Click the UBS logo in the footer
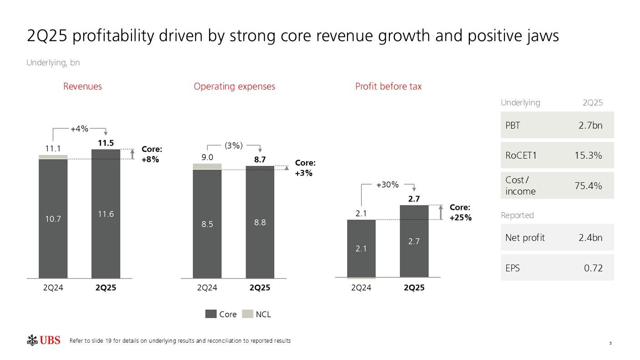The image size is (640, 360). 44,340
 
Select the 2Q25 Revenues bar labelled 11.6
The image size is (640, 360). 106,214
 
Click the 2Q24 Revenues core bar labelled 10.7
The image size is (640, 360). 53,219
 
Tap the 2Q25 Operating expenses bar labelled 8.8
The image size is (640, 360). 260,222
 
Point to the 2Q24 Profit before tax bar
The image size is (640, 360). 361,248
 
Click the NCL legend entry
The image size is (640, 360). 257,314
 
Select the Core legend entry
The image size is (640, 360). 221,314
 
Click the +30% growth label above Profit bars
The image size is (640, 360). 388,185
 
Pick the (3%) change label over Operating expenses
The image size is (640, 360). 234,145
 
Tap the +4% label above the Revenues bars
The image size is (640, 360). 79,129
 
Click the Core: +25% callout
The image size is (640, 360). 460,212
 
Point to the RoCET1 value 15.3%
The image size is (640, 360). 588,155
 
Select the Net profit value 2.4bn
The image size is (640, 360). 590,237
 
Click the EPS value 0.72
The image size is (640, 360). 593,268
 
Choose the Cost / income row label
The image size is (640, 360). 520,185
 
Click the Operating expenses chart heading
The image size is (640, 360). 234,86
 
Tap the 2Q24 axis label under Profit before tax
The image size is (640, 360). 361,288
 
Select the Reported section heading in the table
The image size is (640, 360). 517,215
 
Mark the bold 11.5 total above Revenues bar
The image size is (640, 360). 106,143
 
